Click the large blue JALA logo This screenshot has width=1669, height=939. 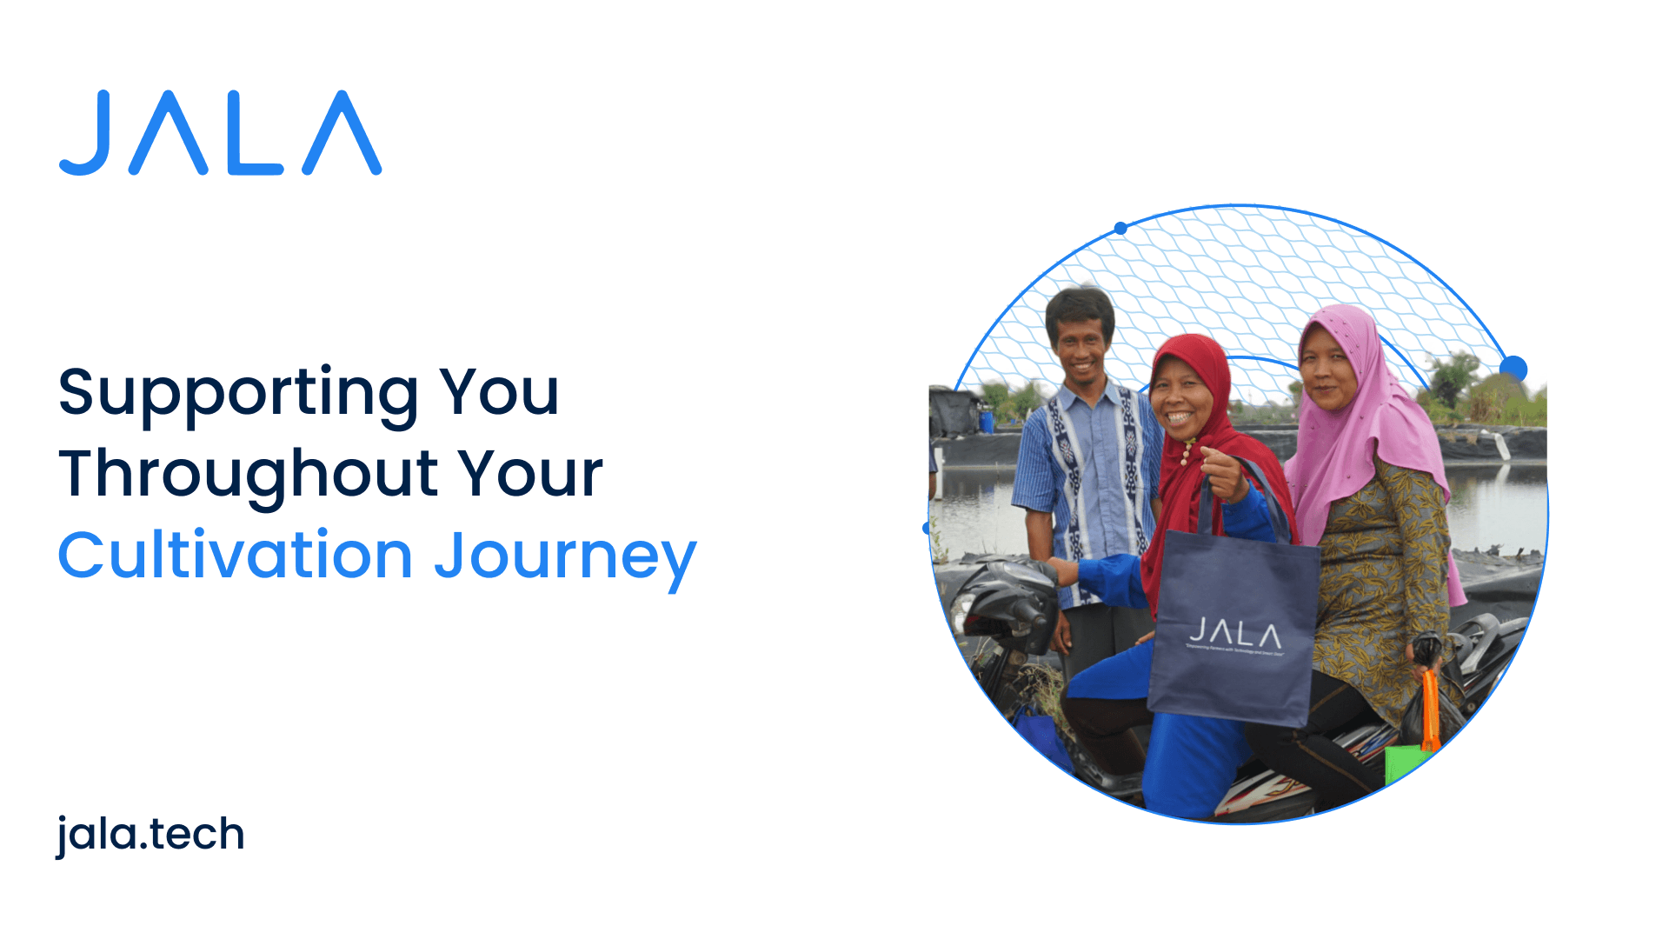(x=220, y=133)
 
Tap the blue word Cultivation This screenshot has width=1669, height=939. (x=235, y=556)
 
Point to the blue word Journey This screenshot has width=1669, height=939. (x=565, y=558)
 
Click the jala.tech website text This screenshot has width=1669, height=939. (x=150, y=835)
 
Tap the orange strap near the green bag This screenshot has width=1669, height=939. (x=1429, y=709)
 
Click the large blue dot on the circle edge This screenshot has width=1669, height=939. (x=1513, y=369)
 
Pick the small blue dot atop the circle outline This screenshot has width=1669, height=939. (x=1120, y=229)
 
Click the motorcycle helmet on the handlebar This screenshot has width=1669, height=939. (x=1008, y=600)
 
